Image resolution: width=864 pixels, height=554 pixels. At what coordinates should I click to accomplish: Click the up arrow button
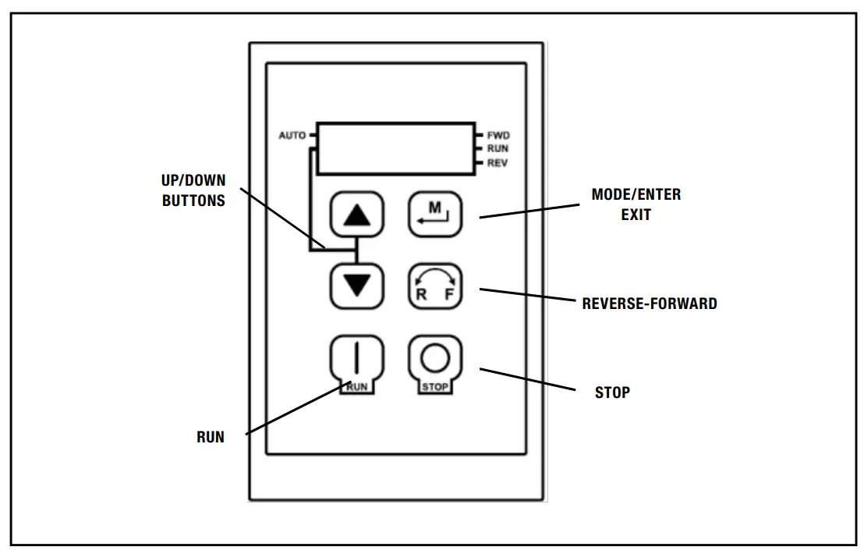click(x=357, y=215)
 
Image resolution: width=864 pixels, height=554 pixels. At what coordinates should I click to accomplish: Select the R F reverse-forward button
click(x=434, y=287)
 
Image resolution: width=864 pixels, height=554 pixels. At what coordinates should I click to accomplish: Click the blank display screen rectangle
click(x=395, y=149)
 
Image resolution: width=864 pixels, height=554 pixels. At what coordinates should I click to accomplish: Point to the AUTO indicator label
click(x=292, y=136)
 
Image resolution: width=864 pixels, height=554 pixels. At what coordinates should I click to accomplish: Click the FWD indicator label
click(x=498, y=136)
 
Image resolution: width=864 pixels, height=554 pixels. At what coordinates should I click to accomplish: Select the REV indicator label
click(x=498, y=162)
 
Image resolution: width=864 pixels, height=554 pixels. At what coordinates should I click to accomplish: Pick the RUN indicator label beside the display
click(x=498, y=148)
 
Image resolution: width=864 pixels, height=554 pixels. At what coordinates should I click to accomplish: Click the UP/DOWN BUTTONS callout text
click(x=193, y=190)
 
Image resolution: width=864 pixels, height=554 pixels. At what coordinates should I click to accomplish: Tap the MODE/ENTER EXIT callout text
click(x=636, y=204)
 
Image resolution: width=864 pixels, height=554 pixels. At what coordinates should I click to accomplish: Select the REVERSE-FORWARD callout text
click(x=650, y=304)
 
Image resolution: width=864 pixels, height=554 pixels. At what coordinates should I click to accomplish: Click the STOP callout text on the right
click(x=612, y=392)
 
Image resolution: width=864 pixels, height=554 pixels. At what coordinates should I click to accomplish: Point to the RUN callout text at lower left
click(x=210, y=438)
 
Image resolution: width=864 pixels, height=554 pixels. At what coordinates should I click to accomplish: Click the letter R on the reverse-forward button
click(x=421, y=295)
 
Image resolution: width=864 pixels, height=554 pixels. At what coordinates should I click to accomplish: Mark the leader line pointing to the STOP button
click(x=528, y=378)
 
